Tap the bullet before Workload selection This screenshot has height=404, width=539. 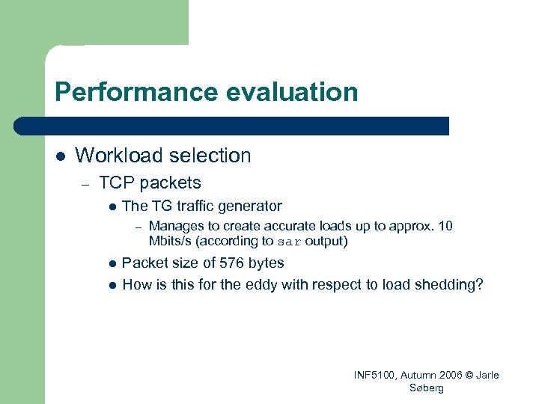coord(61,156)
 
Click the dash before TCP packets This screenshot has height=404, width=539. coord(86,183)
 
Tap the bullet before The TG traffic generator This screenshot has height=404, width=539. coord(111,206)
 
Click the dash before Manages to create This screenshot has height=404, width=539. coord(137,227)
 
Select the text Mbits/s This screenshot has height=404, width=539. coord(170,242)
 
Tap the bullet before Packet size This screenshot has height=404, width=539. coord(111,263)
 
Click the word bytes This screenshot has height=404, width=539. coord(263,263)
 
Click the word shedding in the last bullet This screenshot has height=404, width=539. coord(450,284)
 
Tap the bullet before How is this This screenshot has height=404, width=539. coord(111,285)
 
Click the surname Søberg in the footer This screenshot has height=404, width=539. coord(427,388)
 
